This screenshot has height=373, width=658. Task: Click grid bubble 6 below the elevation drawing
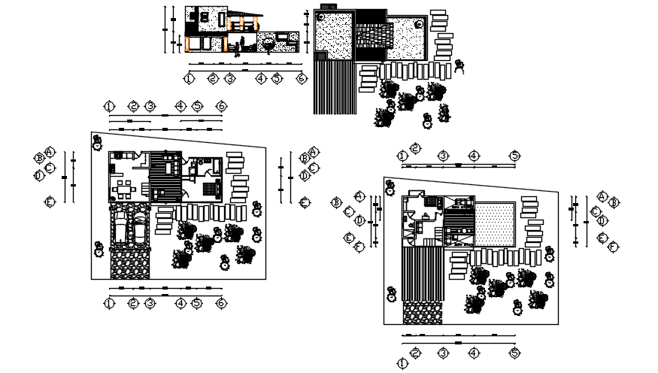[301, 78]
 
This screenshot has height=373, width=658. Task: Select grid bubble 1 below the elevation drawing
[190, 78]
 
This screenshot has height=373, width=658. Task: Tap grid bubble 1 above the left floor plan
[110, 106]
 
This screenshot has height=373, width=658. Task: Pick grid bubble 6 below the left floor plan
[221, 303]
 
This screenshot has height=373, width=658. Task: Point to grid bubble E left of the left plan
[50, 202]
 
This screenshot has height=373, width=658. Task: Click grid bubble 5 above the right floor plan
[514, 156]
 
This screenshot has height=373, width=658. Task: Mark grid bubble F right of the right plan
[614, 247]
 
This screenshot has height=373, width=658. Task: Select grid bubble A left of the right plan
[359, 196]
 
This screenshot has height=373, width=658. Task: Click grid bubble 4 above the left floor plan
[181, 106]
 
